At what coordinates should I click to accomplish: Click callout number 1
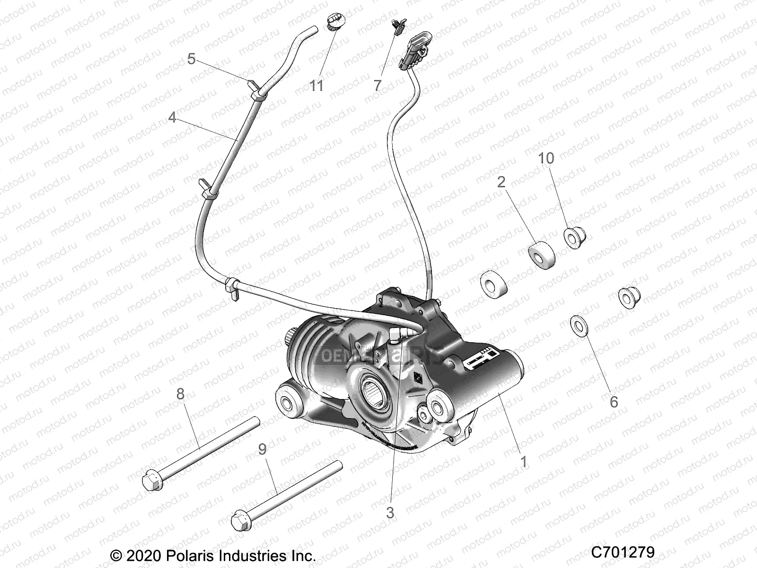[523, 461]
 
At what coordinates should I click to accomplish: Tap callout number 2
[501, 182]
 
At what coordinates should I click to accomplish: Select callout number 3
[390, 513]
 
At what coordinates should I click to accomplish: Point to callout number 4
[172, 117]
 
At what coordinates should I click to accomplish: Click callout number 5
[191, 59]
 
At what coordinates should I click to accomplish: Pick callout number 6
[614, 401]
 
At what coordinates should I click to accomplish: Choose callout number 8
[180, 393]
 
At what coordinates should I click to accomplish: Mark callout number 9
[262, 449]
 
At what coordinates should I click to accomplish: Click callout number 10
[546, 158]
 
